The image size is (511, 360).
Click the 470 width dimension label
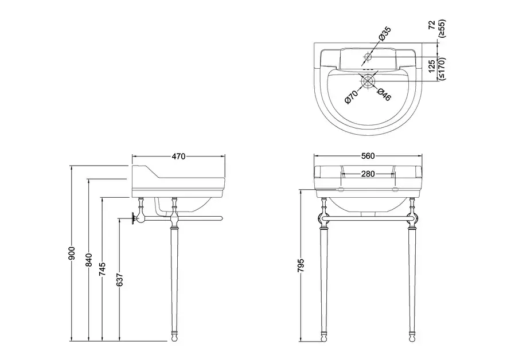click(178, 156)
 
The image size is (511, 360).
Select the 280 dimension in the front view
click(368, 174)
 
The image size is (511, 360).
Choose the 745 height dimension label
click(102, 270)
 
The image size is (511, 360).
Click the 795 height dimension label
click(302, 265)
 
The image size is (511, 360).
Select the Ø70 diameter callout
click(351, 95)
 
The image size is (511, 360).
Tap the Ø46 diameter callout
click(384, 95)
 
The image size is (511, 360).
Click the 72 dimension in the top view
click(432, 25)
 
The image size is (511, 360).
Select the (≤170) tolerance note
click(442, 68)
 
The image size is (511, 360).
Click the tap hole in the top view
click(368, 58)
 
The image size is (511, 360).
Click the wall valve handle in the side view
click(135, 218)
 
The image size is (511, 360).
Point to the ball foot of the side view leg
click(174, 338)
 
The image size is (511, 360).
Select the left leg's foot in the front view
click(323, 338)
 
